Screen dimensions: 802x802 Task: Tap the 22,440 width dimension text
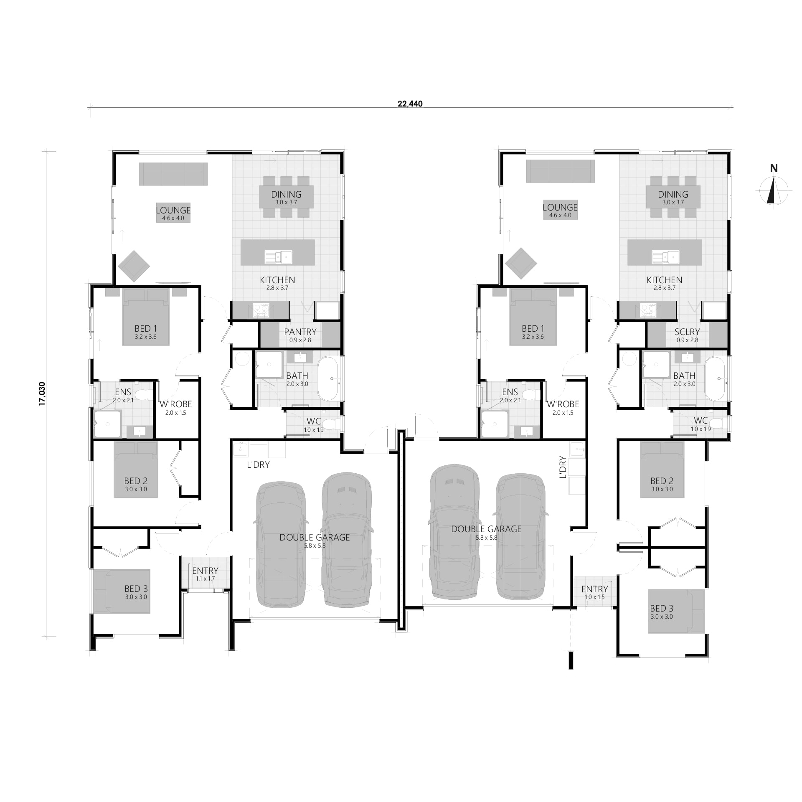[x=410, y=104]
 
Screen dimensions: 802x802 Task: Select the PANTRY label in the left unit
[x=300, y=332]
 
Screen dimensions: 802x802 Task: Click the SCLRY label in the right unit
[x=687, y=332]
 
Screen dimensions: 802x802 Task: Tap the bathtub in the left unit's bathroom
[x=330, y=379]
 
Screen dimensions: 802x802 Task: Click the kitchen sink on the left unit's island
[x=278, y=257]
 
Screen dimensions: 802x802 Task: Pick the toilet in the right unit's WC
[x=717, y=424]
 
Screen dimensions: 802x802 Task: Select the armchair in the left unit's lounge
[x=134, y=266]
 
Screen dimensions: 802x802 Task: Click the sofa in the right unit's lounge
[x=560, y=171]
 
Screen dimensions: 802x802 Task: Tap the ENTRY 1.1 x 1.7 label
[x=205, y=574]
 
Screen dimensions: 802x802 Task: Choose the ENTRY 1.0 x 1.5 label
[x=595, y=592]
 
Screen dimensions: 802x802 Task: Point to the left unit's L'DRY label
[x=258, y=464]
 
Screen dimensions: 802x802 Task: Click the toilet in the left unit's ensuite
[x=144, y=394]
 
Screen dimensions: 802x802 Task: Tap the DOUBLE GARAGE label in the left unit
[x=315, y=537]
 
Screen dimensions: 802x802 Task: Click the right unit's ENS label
[x=510, y=392]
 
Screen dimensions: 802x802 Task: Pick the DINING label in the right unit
[x=673, y=194]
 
